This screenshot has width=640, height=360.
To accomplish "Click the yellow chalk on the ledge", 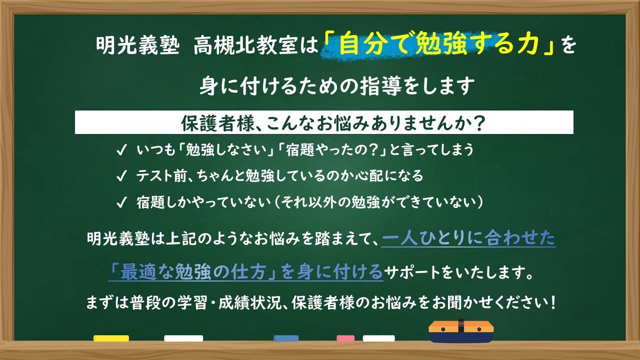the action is (111, 338).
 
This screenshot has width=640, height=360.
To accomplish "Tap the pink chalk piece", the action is (345, 338).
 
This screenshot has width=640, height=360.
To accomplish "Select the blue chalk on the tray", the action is (286, 338).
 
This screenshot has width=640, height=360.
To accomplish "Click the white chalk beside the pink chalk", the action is (379, 338).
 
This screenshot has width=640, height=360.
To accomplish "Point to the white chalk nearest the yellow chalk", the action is (183, 338).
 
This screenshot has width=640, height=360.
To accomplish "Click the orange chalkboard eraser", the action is (461, 331).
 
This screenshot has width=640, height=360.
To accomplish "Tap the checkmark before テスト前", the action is (121, 176).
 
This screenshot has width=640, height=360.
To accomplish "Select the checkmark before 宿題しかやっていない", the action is (121, 202).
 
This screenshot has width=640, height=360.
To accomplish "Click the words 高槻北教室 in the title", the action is (245, 46).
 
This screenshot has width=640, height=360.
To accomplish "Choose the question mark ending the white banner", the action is (478, 123).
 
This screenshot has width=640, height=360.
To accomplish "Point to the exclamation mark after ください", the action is (553, 302).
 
